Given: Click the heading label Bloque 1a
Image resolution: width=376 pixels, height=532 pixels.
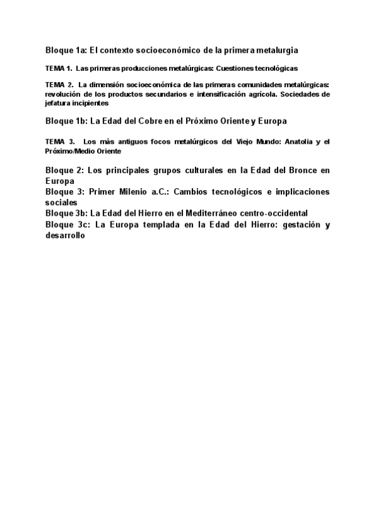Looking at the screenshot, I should tap(66, 49).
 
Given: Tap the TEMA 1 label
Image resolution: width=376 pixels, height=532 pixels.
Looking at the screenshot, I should tap(59, 68).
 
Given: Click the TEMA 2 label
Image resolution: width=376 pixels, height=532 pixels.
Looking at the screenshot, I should tap(60, 84).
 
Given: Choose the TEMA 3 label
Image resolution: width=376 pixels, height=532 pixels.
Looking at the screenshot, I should tap(60, 142).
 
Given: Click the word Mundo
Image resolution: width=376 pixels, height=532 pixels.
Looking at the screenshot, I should tap(263, 142).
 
